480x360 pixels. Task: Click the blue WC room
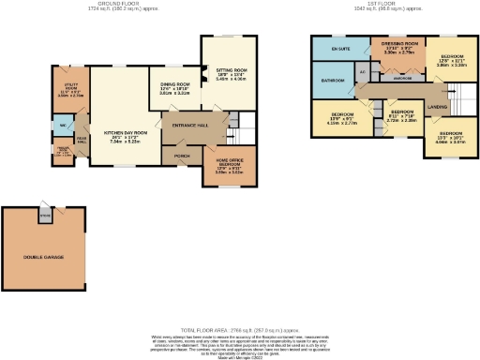[60, 126]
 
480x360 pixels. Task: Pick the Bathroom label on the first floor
[334, 82]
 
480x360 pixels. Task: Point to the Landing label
[437, 108]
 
